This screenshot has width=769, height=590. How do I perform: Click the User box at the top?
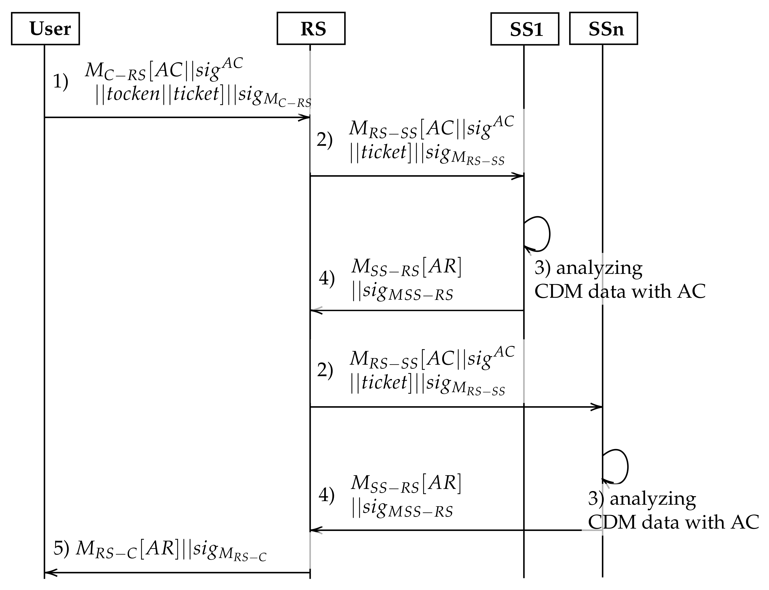45,29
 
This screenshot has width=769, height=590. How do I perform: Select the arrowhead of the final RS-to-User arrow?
50,573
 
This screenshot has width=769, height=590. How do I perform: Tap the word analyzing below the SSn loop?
653,499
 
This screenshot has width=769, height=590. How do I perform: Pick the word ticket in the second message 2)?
384,382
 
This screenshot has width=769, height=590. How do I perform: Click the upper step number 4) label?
326,279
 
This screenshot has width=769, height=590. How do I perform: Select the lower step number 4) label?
326,495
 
